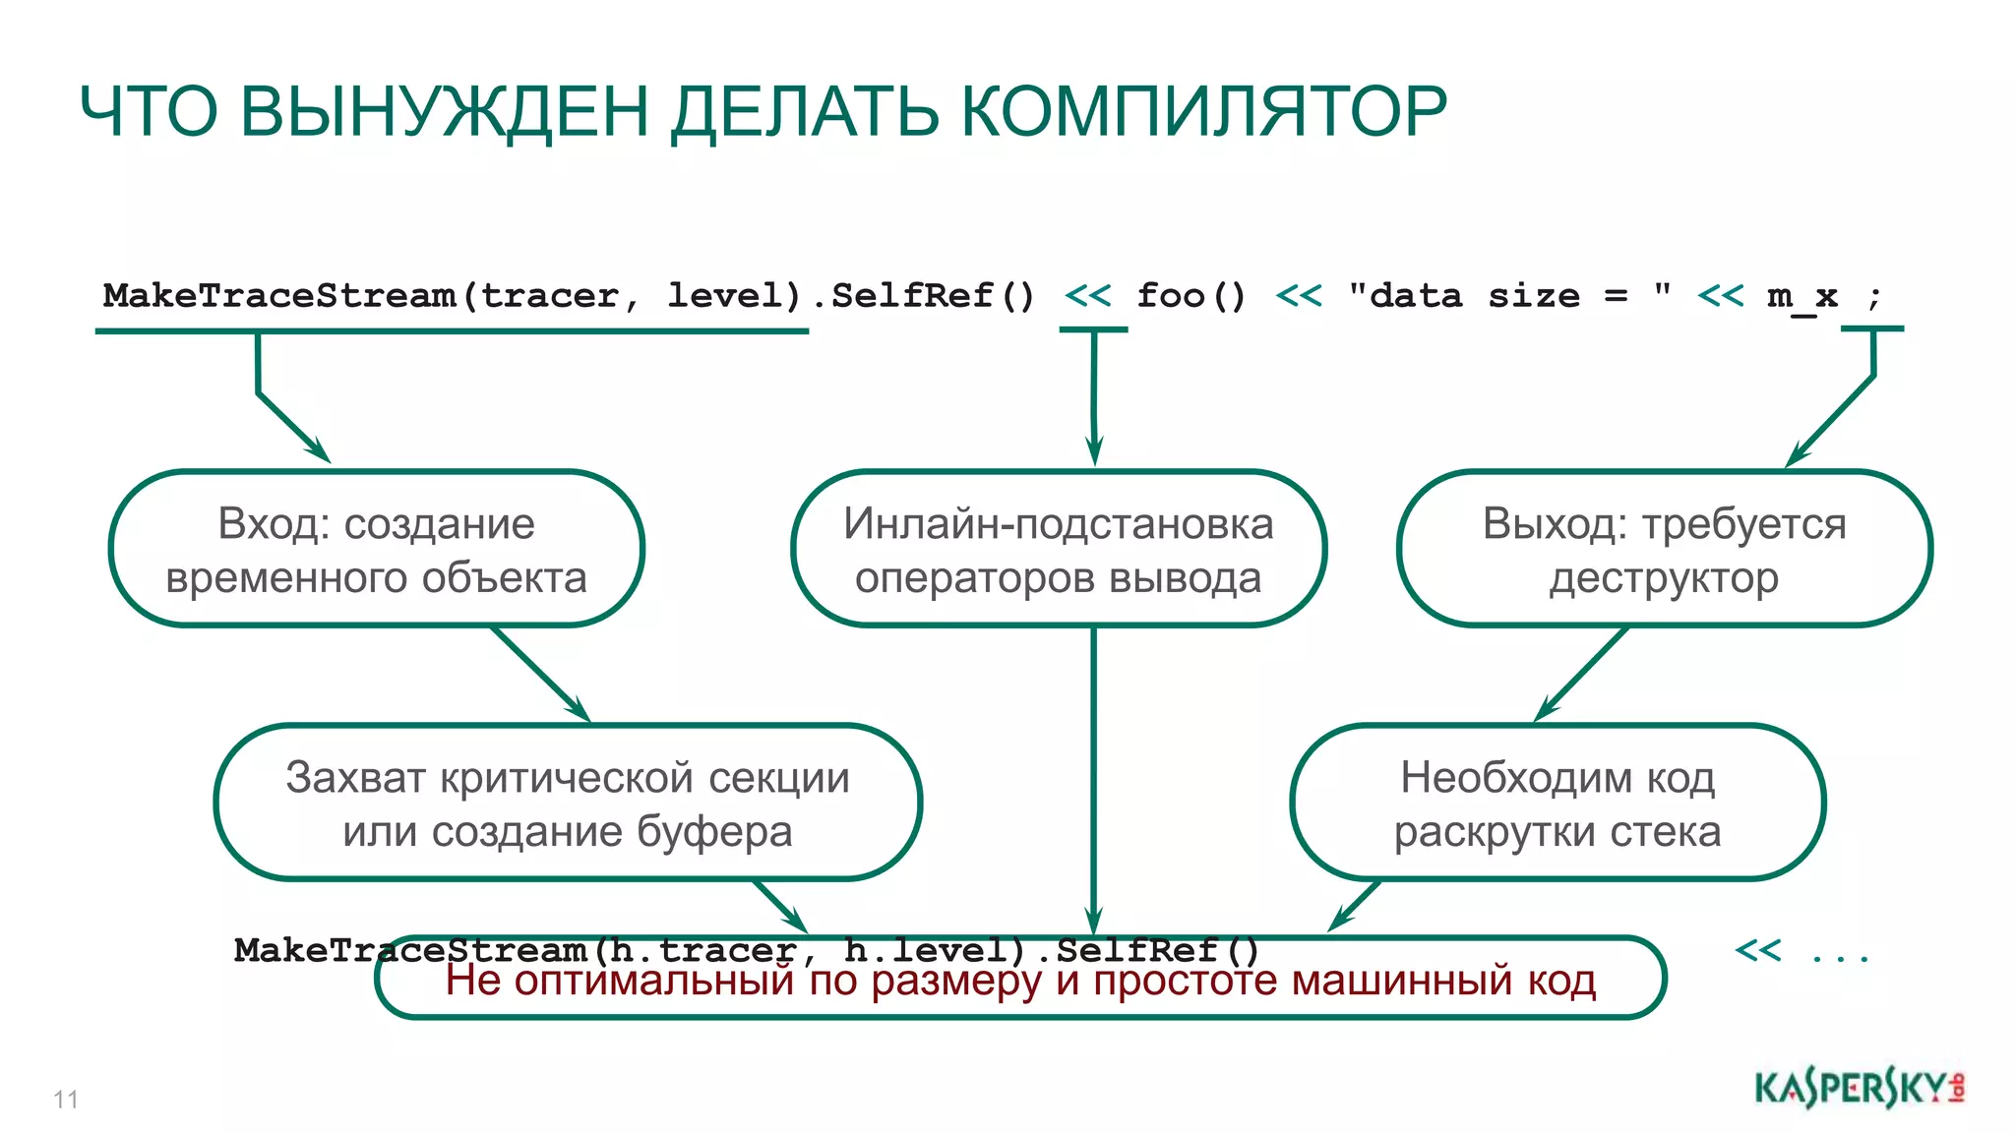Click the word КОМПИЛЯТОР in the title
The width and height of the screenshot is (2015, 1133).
click(x=1202, y=110)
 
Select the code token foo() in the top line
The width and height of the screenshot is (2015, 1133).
click(x=1191, y=295)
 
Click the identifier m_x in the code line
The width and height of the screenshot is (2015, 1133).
click(x=1801, y=295)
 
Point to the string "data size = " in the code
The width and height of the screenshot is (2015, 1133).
click(x=1509, y=295)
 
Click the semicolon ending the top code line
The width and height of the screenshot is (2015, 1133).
click(x=1874, y=295)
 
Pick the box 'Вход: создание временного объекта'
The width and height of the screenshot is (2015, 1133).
click(x=376, y=549)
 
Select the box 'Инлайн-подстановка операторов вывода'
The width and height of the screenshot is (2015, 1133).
click(x=1059, y=549)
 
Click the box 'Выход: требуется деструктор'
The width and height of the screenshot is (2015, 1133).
click(x=1664, y=549)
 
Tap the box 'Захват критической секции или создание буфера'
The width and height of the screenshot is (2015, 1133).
click(x=568, y=804)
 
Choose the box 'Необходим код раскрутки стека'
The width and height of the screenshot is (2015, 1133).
click(x=1557, y=804)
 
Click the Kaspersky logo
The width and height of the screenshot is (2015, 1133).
click(x=1859, y=1089)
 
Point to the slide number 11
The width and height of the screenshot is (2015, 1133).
click(x=66, y=1099)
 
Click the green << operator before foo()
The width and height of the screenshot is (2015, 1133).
click(x=1087, y=295)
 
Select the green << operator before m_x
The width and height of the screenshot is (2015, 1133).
click(x=1720, y=295)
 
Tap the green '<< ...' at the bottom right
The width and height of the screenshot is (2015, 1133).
click(x=1801, y=951)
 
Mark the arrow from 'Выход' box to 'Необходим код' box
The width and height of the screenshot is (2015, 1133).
click(x=1580, y=675)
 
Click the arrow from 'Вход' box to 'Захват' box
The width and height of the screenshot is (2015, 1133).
click(x=541, y=675)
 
